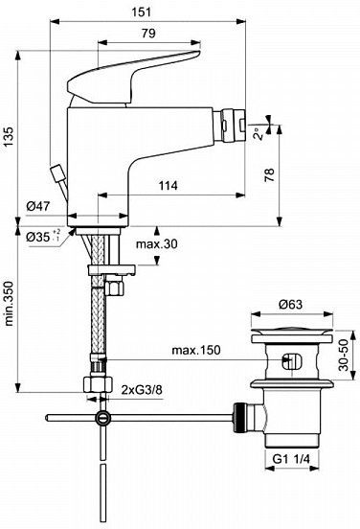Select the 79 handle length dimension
pos(148,34)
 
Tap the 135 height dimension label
pos(10,137)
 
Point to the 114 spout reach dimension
pos(169,185)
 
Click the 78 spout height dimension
pos(269,175)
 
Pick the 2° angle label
pos(258,133)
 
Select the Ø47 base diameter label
pos(38,206)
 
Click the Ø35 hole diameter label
pos(43,236)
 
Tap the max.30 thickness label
pos(156,243)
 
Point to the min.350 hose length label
pos(10,303)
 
